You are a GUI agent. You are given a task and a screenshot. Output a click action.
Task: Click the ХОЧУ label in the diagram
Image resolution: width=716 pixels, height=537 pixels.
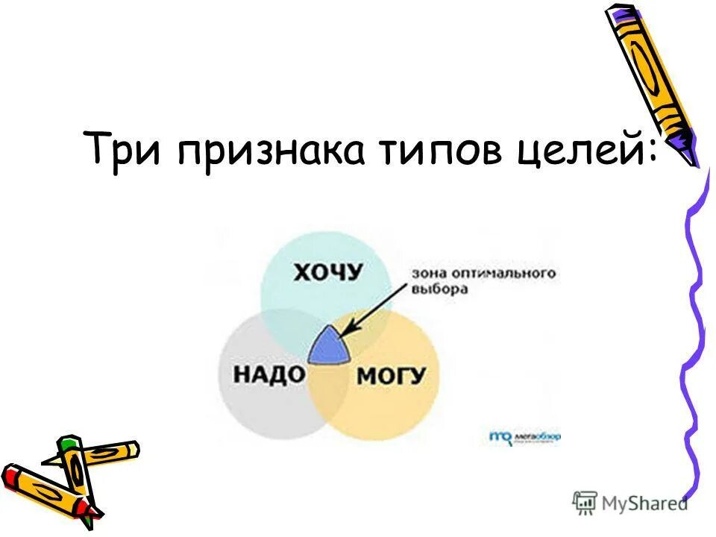327,273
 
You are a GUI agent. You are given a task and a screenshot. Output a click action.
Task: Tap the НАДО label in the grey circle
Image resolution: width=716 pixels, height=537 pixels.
270,374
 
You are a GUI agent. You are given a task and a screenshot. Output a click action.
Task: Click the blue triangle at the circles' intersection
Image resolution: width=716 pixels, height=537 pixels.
328,348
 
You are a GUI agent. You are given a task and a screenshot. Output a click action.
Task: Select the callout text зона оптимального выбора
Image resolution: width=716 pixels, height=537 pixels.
484,280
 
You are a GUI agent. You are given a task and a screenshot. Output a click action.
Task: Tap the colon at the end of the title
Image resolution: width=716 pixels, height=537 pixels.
653,152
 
